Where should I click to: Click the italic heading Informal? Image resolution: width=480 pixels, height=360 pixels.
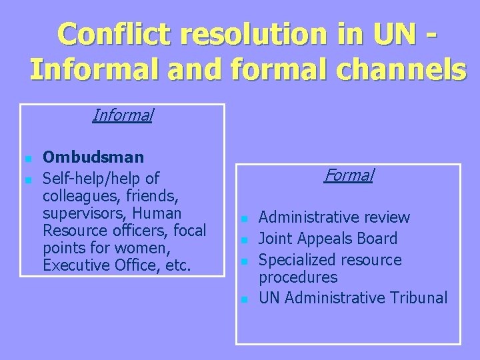click(x=123, y=115)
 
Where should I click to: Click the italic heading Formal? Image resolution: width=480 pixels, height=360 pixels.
click(x=349, y=175)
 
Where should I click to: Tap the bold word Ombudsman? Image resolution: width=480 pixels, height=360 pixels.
click(x=93, y=157)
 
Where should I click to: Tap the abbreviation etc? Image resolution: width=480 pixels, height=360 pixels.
click(x=179, y=265)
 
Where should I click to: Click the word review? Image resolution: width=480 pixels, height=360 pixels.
click(x=386, y=217)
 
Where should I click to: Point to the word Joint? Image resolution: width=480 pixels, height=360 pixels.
click(x=275, y=239)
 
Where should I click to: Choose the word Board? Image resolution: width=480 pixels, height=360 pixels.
click(x=375, y=239)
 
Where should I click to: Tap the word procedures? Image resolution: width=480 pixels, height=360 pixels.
click(x=298, y=277)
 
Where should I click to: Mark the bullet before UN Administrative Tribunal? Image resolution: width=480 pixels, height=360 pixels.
click(x=245, y=300)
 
